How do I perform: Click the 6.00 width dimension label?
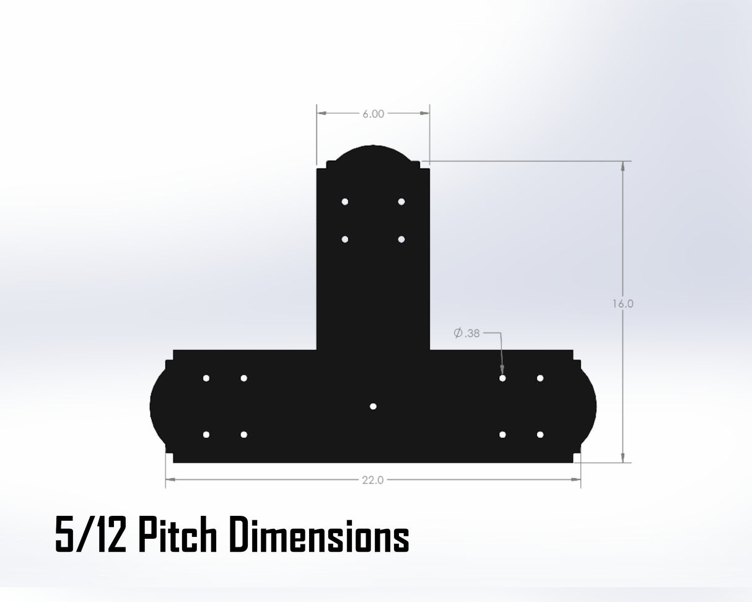373,113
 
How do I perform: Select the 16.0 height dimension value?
623,304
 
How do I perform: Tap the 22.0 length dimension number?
373,480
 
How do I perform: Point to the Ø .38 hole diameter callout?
466,333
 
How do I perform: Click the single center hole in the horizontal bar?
373,406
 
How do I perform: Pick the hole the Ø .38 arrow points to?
502,378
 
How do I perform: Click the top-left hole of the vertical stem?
344,202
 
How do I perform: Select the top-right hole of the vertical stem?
401,202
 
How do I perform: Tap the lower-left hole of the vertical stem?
344,239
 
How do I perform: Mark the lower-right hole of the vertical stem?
401,239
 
